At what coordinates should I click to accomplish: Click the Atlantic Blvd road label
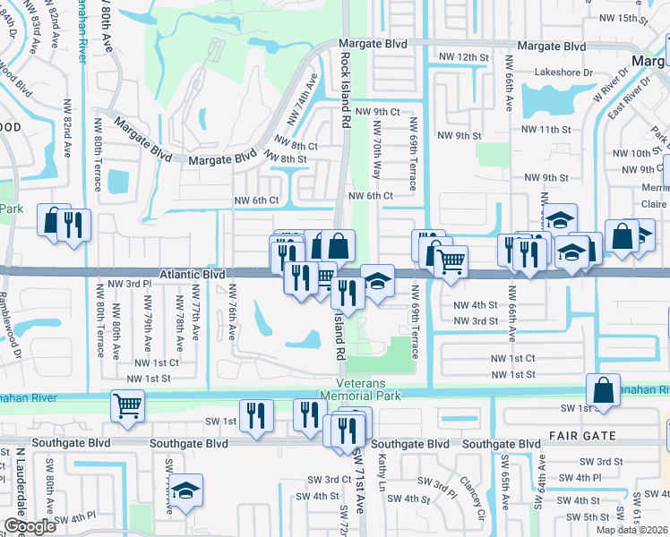click(193, 276)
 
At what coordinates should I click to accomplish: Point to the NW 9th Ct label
click(376, 111)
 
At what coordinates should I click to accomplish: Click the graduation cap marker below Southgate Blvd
click(186, 490)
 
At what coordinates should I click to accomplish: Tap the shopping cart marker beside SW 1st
click(127, 405)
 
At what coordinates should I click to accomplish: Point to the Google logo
click(30, 526)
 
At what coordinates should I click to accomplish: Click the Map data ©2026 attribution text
click(632, 530)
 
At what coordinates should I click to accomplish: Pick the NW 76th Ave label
click(232, 311)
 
